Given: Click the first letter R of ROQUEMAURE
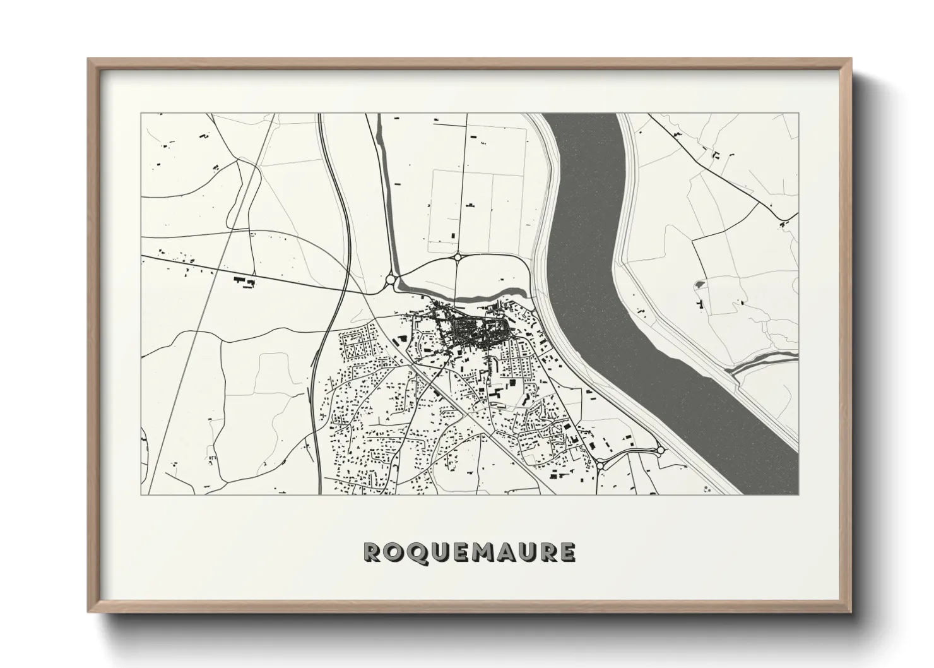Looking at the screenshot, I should (372, 552).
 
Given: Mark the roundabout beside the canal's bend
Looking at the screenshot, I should (391, 278).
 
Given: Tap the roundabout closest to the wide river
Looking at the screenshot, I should (660, 450).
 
